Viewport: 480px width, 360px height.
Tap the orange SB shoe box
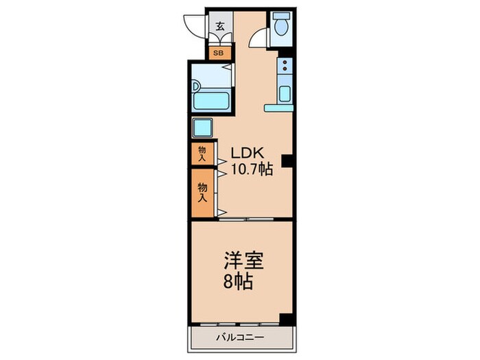220,52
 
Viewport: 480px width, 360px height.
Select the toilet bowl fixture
280,27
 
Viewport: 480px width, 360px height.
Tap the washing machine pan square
204,128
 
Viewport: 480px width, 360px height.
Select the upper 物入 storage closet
202,154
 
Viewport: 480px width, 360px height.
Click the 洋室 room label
243,261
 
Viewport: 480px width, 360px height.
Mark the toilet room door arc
259,38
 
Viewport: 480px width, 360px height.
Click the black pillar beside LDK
288,161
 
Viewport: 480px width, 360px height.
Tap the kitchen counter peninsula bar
279,107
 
